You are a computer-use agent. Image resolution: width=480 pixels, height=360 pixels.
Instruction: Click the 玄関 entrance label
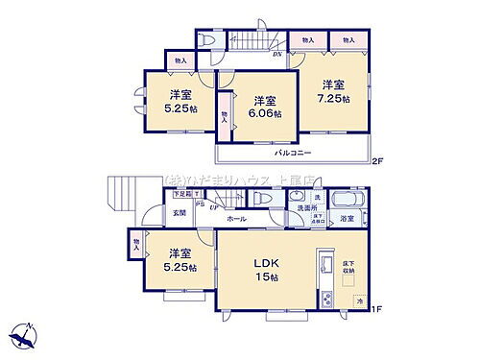pyautogui.click(x=179, y=213)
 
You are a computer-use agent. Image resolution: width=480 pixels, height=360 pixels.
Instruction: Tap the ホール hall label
pyautogui.click(x=236, y=219)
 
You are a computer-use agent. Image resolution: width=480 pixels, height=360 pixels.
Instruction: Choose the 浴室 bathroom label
pyautogui.click(x=347, y=219)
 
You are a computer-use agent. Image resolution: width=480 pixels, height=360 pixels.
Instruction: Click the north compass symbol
pyautogui.click(x=24, y=335)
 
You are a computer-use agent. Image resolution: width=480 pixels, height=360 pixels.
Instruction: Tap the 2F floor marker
pyautogui.click(x=377, y=161)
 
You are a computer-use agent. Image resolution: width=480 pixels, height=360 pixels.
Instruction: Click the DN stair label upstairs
pyautogui.click(x=276, y=55)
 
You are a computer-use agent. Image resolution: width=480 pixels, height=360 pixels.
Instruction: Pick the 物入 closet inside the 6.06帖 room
pyautogui.click(x=225, y=116)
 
